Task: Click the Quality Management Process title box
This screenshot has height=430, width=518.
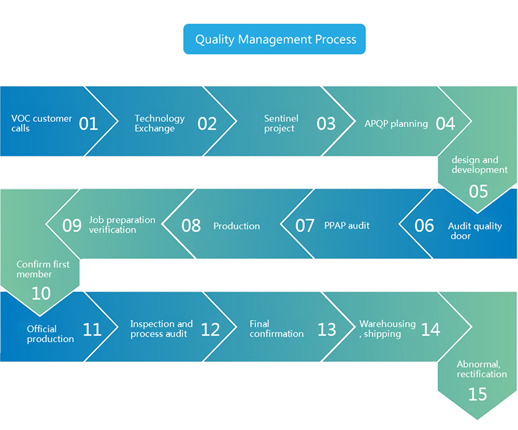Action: [x=274, y=39]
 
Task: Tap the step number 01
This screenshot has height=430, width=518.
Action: [x=89, y=123]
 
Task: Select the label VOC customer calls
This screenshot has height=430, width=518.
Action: [x=41, y=123]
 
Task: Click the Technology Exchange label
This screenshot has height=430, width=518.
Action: [x=159, y=123]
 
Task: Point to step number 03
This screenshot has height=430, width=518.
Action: [x=326, y=123]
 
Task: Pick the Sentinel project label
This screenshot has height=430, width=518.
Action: [x=281, y=123]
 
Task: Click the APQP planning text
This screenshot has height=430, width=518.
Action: [x=396, y=123]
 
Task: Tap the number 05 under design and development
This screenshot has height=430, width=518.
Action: [x=478, y=191]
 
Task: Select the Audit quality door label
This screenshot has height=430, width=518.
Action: [x=475, y=231]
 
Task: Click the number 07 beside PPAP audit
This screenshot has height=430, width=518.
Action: [x=305, y=225]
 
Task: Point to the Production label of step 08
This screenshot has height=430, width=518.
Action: [x=237, y=225]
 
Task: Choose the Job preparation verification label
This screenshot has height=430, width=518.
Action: [x=122, y=225]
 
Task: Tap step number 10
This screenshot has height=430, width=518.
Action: [x=41, y=293]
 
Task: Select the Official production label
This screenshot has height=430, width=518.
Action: [x=50, y=334]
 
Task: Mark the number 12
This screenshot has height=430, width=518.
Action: [x=210, y=329]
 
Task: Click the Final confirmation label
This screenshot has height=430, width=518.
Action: [x=277, y=328]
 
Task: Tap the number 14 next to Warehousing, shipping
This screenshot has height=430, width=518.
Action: [x=431, y=329]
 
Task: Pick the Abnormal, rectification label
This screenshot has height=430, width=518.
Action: [x=482, y=369]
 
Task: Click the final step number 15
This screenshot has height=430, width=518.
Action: [x=478, y=394]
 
